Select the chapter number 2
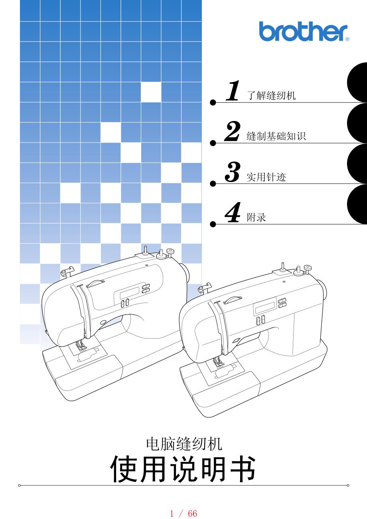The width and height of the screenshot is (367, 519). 232,131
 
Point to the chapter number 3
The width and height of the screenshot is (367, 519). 232,172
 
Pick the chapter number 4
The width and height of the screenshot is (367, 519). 233,212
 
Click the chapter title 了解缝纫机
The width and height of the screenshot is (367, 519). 271,95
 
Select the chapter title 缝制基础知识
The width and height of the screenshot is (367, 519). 276,136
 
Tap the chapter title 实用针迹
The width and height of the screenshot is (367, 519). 266,177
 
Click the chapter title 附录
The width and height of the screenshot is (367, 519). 257,217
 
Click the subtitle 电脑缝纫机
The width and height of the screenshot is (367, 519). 184,444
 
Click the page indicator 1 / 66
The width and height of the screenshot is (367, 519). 183,513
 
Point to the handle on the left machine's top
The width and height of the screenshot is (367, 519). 95,283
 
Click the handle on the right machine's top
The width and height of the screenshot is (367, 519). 233,299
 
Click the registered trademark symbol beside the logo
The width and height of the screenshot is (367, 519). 347,39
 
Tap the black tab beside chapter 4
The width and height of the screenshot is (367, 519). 357,204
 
